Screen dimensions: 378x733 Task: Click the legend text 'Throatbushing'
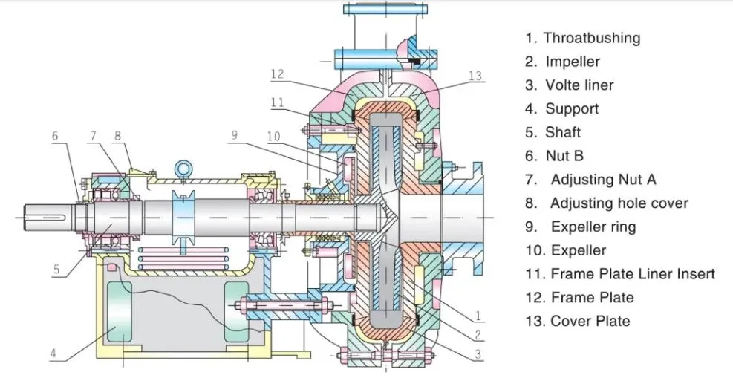point(591,38)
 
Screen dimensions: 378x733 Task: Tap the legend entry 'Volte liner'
point(579,85)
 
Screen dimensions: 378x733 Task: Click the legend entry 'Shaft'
point(563,133)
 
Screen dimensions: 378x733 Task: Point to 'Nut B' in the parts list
point(564,156)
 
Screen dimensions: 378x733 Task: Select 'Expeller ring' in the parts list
point(593,227)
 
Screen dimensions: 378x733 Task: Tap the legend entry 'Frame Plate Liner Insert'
point(632,274)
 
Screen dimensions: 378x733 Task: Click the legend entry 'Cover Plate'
point(590,321)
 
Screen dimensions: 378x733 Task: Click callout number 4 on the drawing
point(53,353)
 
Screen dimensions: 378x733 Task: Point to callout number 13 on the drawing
point(475,75)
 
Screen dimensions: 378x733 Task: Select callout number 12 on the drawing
point(277,74)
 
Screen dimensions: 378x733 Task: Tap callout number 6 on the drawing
point(54,136)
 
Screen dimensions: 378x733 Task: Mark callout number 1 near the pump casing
point(479,316)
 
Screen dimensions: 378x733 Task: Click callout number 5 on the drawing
point(56,270)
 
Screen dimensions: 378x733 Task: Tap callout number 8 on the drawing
point(117,136)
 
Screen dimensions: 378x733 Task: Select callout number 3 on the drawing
point(479,353)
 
